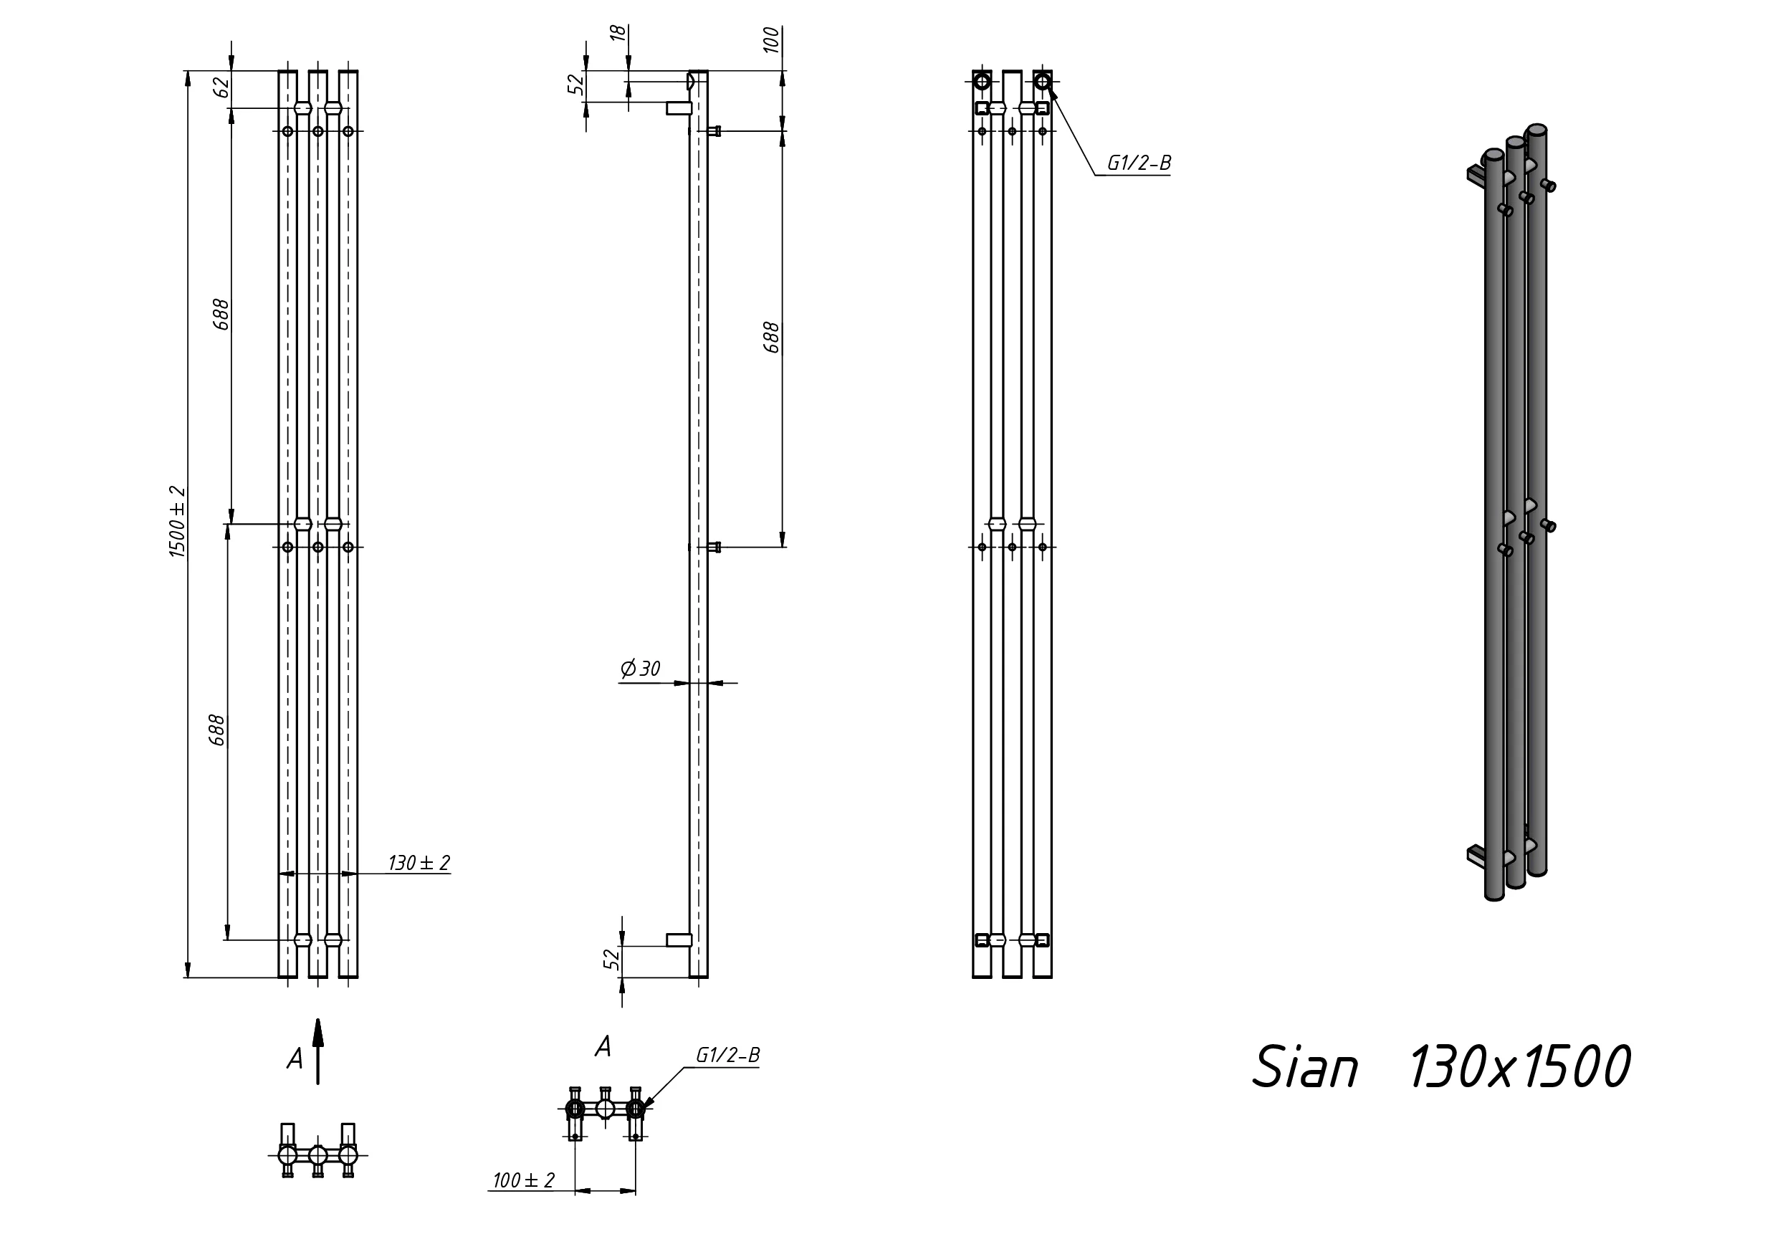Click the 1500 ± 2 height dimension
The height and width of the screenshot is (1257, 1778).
(x=177, y=521)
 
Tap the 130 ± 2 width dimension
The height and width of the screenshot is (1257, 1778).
(x=419, y=863)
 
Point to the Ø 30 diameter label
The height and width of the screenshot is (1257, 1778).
(x=641, y=669)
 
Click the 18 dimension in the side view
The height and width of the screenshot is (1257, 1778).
(x=618, y=32)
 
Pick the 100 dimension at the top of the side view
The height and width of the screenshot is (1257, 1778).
(x=771, y=39)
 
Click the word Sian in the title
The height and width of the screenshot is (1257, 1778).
(x=1306, y=1067)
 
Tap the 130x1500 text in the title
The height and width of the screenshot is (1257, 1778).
(x=1519, y=1067)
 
